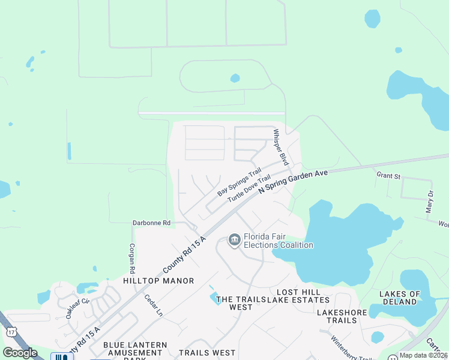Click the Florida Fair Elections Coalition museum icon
234,241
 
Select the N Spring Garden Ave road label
293,180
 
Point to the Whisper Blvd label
280,148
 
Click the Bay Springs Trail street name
240,181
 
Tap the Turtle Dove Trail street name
244,188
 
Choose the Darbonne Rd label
152,223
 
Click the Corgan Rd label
131,259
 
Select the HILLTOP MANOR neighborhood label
158,281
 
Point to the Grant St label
388,176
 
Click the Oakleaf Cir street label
77,308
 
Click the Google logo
20,353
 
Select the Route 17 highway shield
11,331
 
